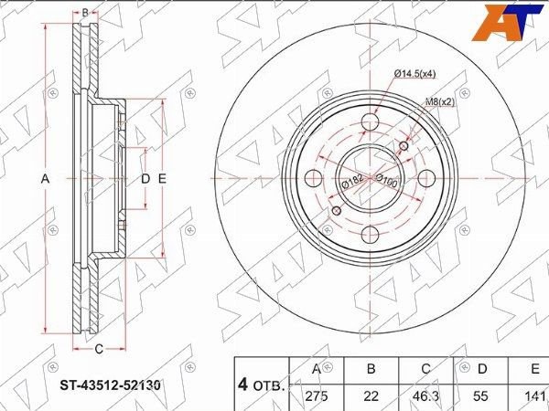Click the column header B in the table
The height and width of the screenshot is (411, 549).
[x=370, y=369]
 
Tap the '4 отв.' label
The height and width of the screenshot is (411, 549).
[x=262, y=385]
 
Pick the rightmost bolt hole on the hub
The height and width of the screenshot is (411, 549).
[x=426, y=178]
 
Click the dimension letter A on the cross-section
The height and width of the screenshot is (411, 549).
[x=44, y=178]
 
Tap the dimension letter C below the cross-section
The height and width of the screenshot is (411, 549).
[x=98, y=348]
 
